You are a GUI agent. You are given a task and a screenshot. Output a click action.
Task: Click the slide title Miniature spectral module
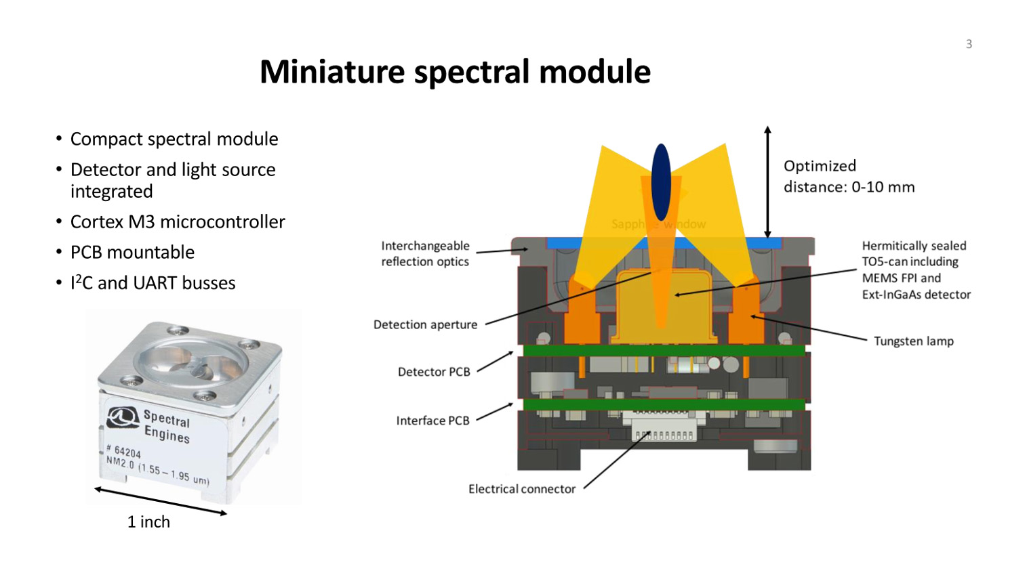tap(455, 72)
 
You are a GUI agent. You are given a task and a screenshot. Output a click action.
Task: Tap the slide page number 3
tap(969, 44)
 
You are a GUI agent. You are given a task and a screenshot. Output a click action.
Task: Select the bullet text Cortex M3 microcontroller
tap(178, 222)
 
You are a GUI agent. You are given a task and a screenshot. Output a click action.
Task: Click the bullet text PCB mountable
tap(132, 253)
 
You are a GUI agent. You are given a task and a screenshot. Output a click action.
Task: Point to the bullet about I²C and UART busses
tap(153, 283)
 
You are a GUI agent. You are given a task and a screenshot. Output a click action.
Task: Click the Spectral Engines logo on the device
tap(122, 416)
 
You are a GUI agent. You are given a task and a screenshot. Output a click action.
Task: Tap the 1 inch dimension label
tap(148, 522)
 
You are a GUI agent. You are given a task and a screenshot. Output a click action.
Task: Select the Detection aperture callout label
tap(425, 325)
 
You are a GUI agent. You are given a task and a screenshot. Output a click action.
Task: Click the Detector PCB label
tap(434, 372)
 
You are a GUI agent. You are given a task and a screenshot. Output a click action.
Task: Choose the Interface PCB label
tap(432, 421)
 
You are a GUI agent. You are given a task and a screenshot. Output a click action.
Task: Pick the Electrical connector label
tap(521, 489)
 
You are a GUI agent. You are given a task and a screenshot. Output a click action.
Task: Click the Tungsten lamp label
tap(913, 341)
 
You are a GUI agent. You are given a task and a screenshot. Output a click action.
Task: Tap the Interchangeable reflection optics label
tap(425, 254)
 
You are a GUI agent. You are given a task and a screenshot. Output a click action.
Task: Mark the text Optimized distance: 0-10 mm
tap(849, 177)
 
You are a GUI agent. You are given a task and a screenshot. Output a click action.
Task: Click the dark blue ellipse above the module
tap(661, 182)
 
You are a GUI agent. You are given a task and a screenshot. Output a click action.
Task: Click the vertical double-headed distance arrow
tap(767, 181)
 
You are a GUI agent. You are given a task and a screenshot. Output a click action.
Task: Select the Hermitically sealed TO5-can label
tap(916, 270)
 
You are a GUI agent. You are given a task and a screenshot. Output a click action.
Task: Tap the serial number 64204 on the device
tap(127, 452)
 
